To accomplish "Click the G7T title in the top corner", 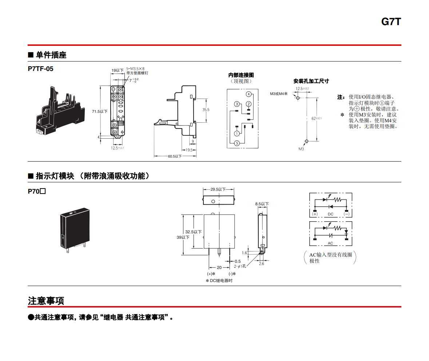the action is [391, 22].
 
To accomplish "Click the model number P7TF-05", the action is [40, 69].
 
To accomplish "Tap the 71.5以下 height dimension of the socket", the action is [100, 111].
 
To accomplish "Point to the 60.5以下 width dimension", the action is [175, 156].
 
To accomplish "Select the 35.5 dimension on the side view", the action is [206, 110].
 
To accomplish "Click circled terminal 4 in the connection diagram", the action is [249, 95].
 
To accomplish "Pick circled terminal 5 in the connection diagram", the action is [237, 143].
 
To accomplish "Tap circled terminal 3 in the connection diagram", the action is [237, 104].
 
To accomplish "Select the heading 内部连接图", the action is [241, 75].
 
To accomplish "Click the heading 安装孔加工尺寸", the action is [311, 81].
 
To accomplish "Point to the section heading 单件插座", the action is [51, 55].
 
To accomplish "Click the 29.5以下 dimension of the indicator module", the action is [218, 189].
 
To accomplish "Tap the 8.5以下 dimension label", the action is [262, 204].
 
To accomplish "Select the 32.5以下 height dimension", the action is [193, 232].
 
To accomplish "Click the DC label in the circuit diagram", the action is [330, 214].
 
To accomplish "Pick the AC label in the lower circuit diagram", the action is [330, 243].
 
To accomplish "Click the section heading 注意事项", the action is [46, 301].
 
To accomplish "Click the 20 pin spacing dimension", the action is [219, 267].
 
